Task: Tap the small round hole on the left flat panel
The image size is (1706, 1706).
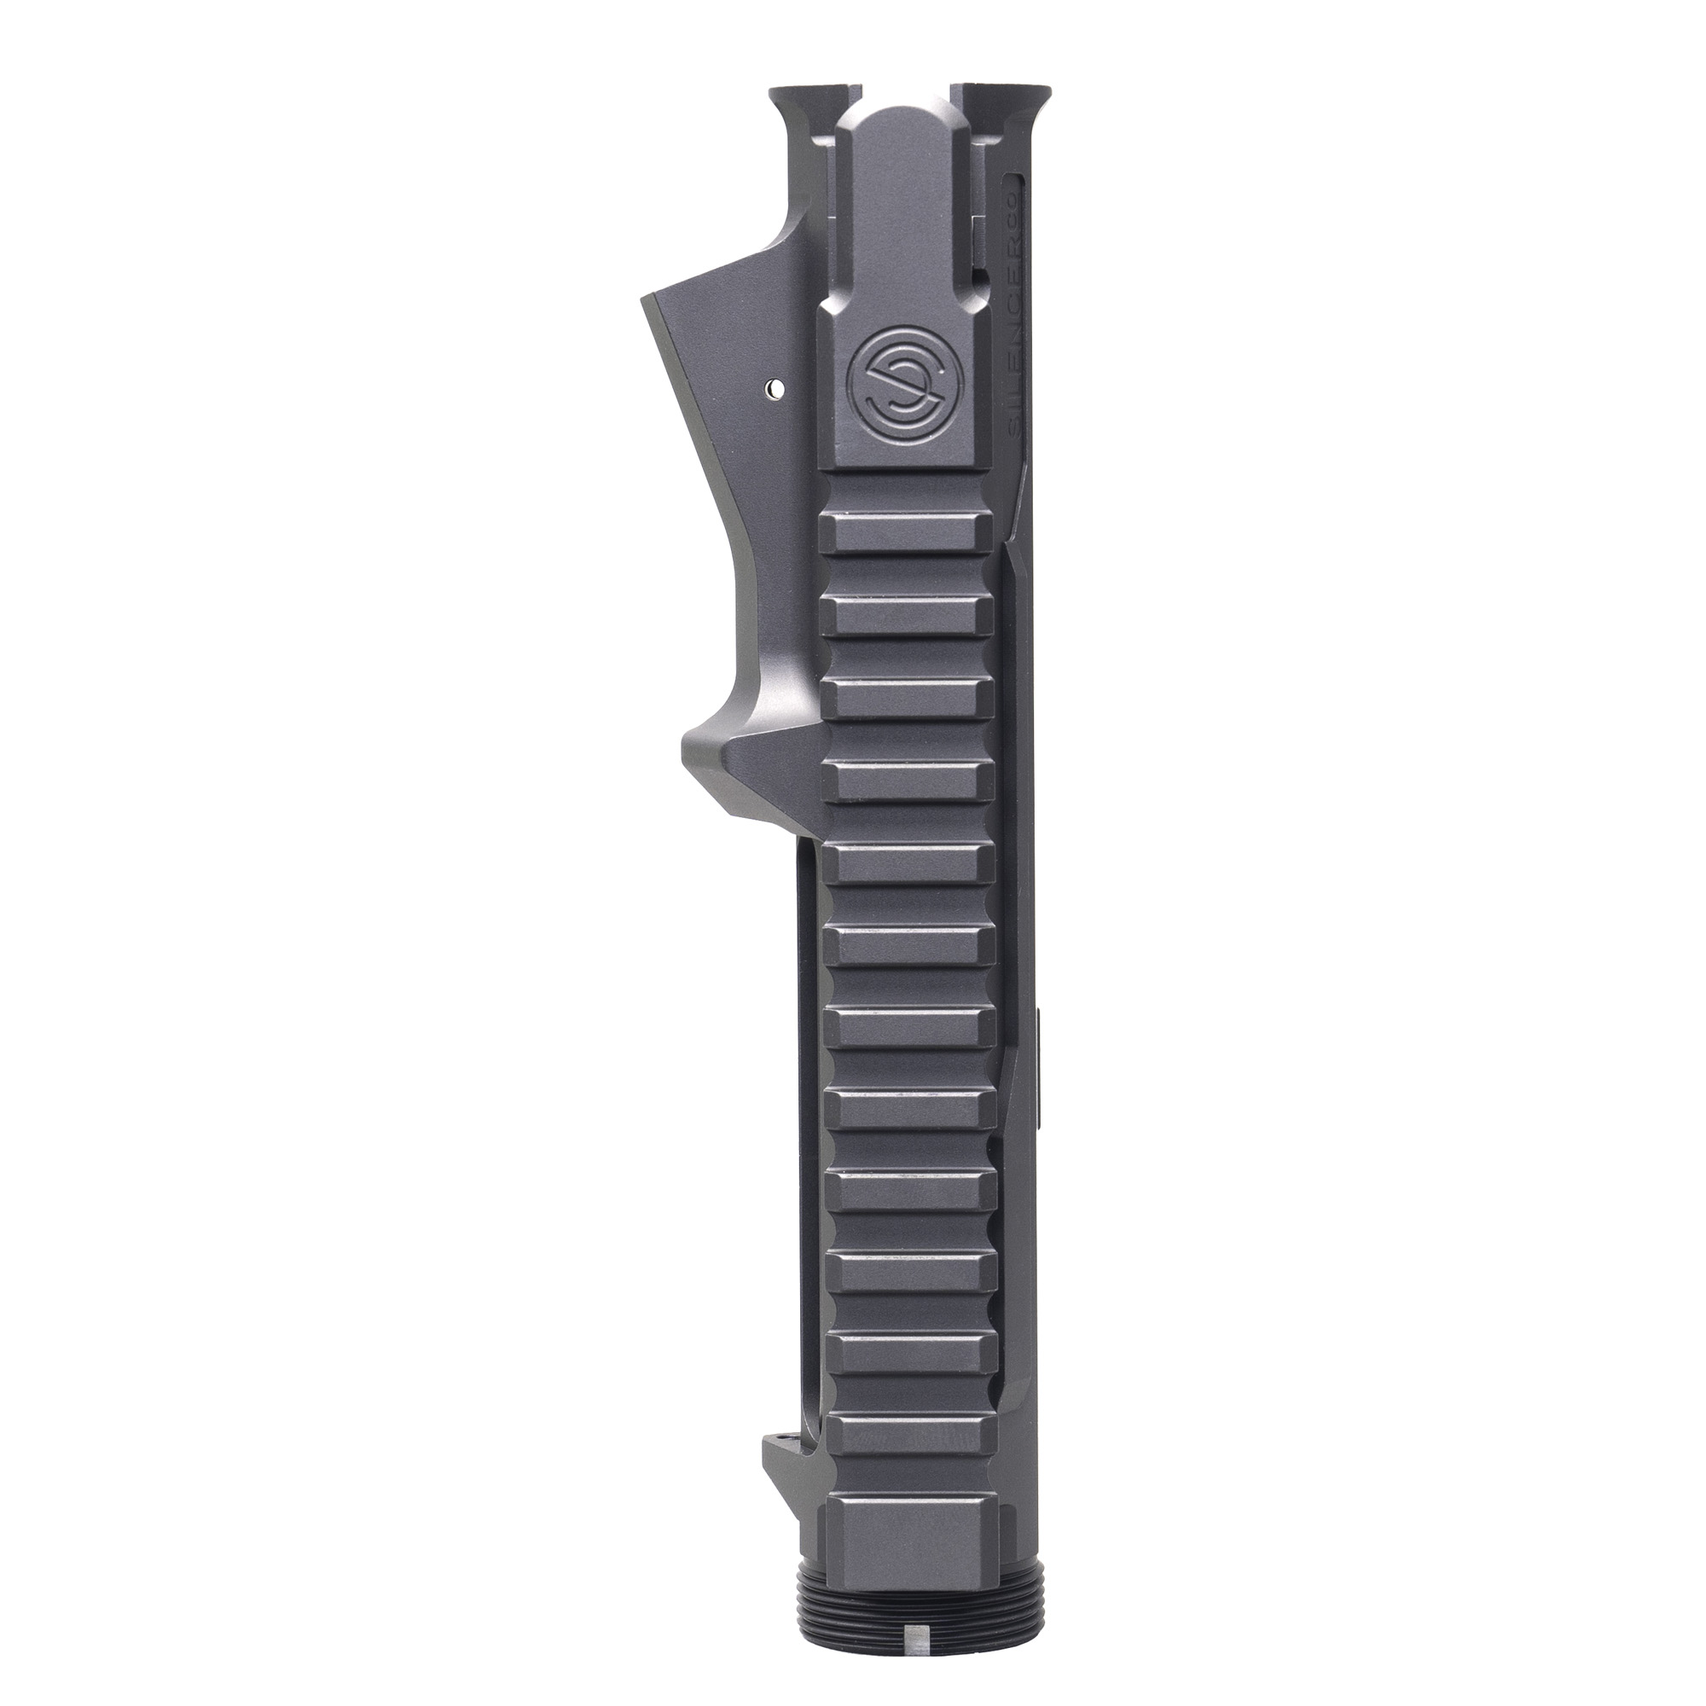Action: coord(774,386)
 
